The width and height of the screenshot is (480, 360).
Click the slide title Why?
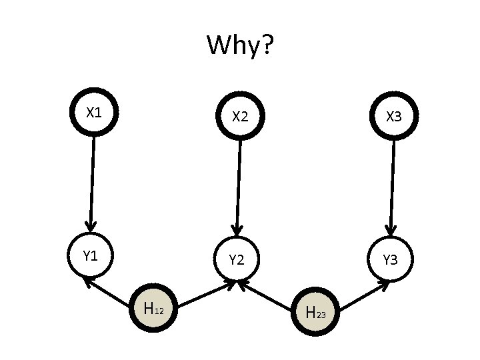[x=240, y=46]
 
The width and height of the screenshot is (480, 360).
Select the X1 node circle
[x=94, y=114]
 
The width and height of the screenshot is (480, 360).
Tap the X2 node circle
[x=240, y=116]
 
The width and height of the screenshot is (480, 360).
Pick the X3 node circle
[x=394, y=117]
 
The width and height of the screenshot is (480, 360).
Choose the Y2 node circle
[x=237, y=259]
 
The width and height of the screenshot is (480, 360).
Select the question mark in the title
[x=266, y=46]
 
